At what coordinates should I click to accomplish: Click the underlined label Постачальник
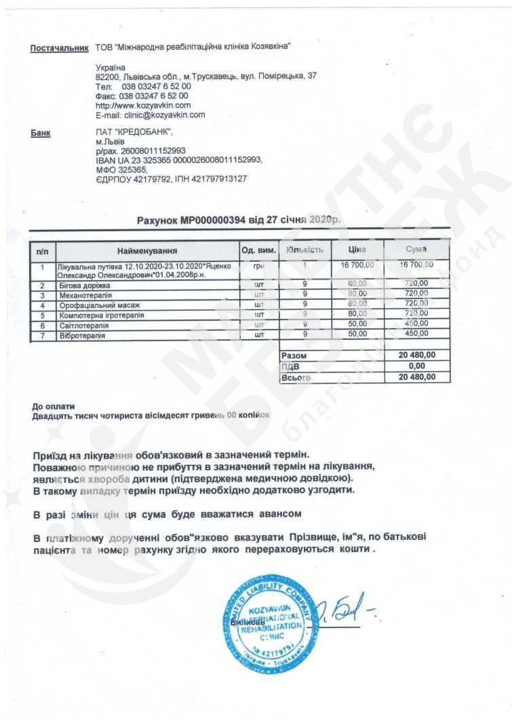pyautogui.click(x=60, y=48)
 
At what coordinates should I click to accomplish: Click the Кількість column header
pyautogui.click(x=305, y=250)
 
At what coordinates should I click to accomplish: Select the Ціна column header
pyautogui.click(x=357, y=250)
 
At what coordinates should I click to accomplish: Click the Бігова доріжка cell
pyautogui.click(x=85, y=286)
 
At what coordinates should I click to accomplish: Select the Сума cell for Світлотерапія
pyautogui.click(x=416, y=325)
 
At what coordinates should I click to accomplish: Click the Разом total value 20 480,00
pyautogui.click(x=418, y=355)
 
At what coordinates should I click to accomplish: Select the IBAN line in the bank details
pyautogui.click(x=179, y=160)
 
